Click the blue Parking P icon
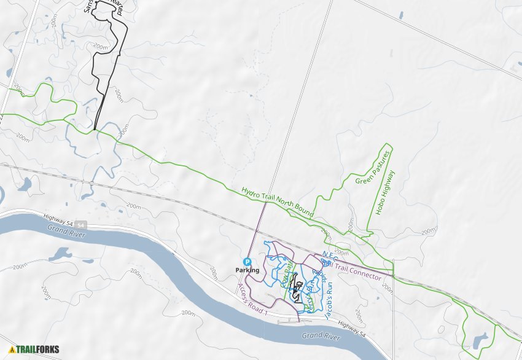(248, 261)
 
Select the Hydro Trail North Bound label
(278, 203)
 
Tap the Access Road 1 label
(254, 299)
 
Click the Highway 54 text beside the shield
(58, 219)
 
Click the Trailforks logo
(34, 350)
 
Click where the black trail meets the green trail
(94, 130)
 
